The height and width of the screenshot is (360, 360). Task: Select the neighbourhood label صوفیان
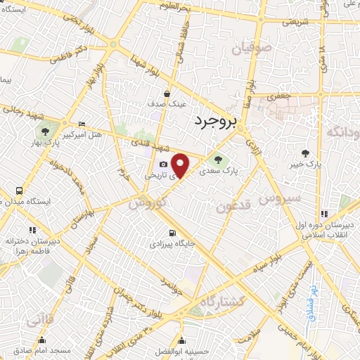coord(251,49)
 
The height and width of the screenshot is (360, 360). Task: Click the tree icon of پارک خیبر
coord(304,153)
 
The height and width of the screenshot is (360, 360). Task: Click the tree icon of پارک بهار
coord(44,131)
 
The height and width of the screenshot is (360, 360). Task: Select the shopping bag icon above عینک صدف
coord(167,93)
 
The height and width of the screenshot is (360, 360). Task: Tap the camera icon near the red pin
coord(163,165)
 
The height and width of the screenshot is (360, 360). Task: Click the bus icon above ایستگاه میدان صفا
coord(18,191)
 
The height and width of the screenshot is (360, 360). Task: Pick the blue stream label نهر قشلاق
coord(310,303)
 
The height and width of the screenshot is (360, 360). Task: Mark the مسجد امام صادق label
coord(44,350)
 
